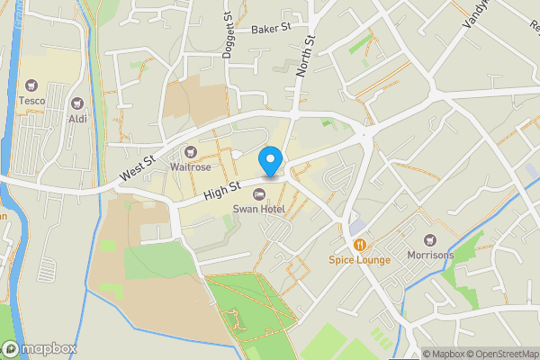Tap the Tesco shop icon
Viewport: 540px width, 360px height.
tap(32, 86)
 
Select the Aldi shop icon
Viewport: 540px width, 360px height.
tap(76, 103)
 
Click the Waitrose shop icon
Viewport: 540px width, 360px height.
tap(191, 151)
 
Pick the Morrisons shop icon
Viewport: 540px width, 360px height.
tap(428, 240)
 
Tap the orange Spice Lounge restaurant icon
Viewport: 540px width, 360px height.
tap(359, 245)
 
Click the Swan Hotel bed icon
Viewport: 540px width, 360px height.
tap(259, 194)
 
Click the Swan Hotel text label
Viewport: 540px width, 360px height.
tap(259, 209)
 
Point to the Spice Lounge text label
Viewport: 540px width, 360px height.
tap(359, 260)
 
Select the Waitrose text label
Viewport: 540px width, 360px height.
tap(191, 166)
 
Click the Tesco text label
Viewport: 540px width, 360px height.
tap(32, 102)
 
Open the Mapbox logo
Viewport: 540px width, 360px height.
tap(40, 348)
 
